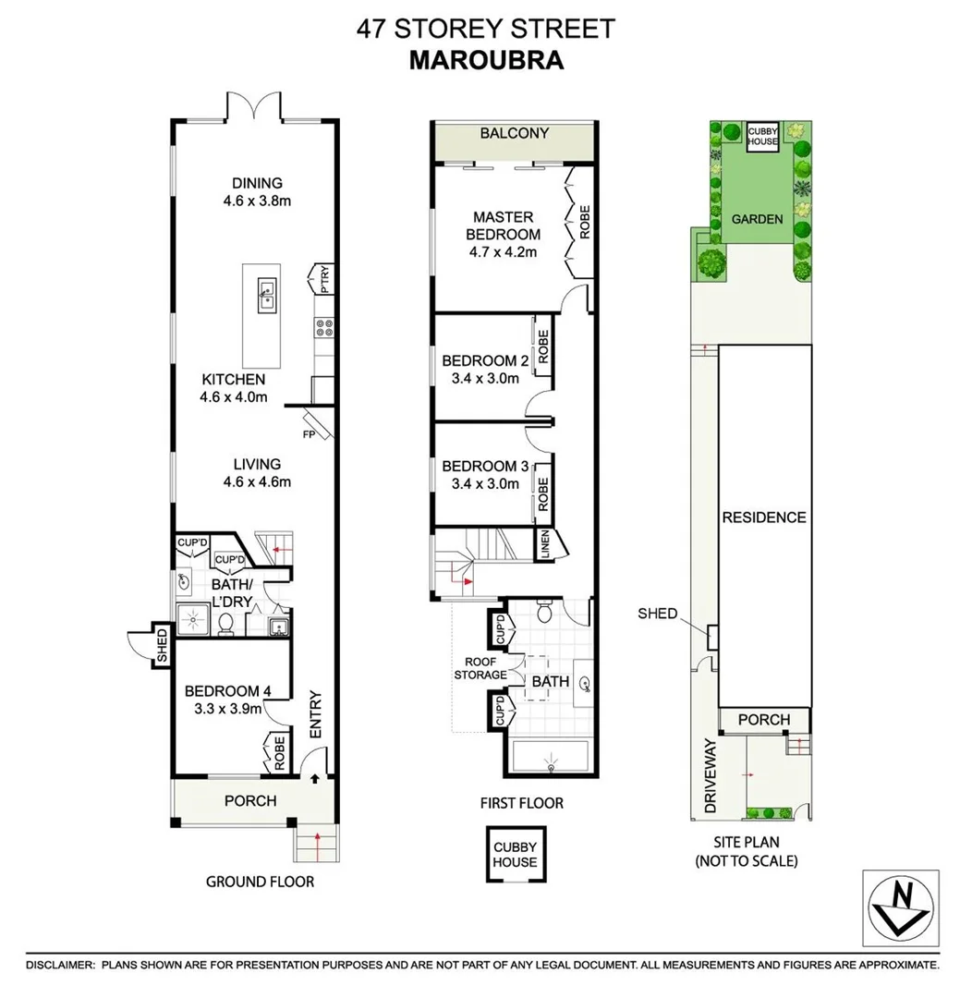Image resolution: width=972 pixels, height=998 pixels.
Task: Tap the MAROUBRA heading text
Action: (486, 60)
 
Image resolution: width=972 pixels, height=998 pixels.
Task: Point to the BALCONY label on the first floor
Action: (515, 133)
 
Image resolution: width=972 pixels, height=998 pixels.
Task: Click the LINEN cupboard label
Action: (544, 545)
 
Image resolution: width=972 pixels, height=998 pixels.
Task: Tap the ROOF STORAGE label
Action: (480, 668)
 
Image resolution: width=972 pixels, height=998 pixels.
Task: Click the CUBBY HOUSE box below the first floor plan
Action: (515, 855)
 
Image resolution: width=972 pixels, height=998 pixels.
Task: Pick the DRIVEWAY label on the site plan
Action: (711, 776)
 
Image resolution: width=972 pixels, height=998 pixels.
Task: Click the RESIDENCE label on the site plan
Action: (764, 517)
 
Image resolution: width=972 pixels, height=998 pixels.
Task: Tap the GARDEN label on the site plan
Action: (757, 220)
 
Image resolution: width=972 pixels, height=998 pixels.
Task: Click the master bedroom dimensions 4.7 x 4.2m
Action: (501, 250)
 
